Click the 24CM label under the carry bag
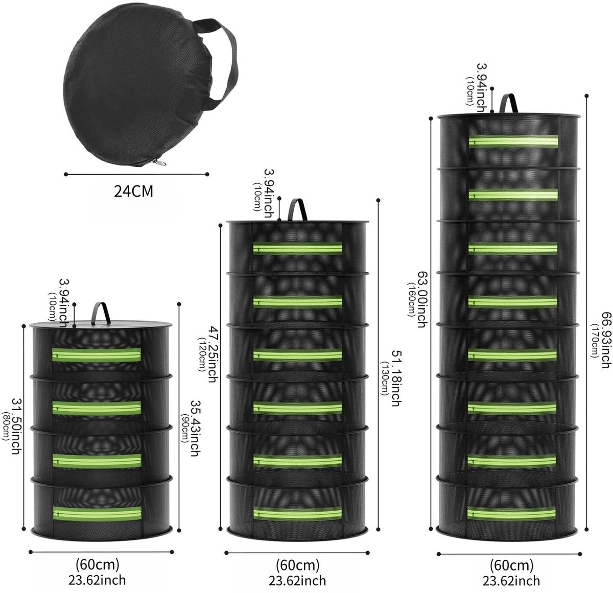(133, 191)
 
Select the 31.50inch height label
(16, 426)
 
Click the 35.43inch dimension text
(194, 429)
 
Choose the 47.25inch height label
(213, 354)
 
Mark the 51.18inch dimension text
(395, 378)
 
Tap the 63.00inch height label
(422, 299)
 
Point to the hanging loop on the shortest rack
(101, 313)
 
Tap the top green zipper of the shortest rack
(97, 355)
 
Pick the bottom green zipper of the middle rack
(297, 514)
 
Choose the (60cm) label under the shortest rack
(98, 565)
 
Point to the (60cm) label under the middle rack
(298, 566)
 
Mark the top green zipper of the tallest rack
(513, 141)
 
